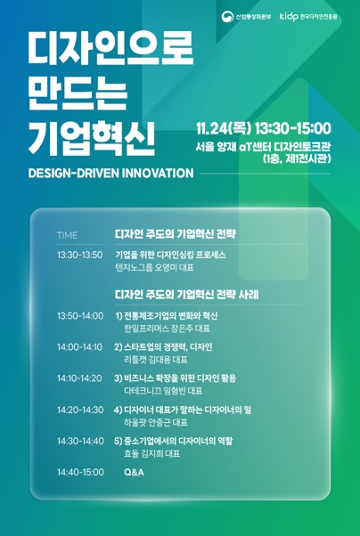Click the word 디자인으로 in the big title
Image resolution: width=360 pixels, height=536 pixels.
click(110, 52)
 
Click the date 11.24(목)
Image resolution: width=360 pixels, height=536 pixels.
click(225, 128)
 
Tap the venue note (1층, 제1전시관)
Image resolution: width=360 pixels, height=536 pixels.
click(296, 158)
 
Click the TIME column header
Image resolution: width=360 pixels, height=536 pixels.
click(67, 235)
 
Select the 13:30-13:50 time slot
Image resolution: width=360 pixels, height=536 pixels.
click(79, 255)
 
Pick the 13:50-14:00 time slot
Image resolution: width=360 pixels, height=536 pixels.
click(79, 316)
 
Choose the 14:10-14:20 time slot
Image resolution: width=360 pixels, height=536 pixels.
click(79, 378)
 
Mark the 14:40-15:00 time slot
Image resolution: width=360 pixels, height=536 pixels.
click(79, 472)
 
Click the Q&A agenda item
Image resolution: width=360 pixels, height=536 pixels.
click(133, 472)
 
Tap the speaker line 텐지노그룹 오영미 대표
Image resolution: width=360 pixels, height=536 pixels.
click(154, 267)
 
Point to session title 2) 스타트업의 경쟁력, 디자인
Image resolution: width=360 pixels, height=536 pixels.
click(163, 347)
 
